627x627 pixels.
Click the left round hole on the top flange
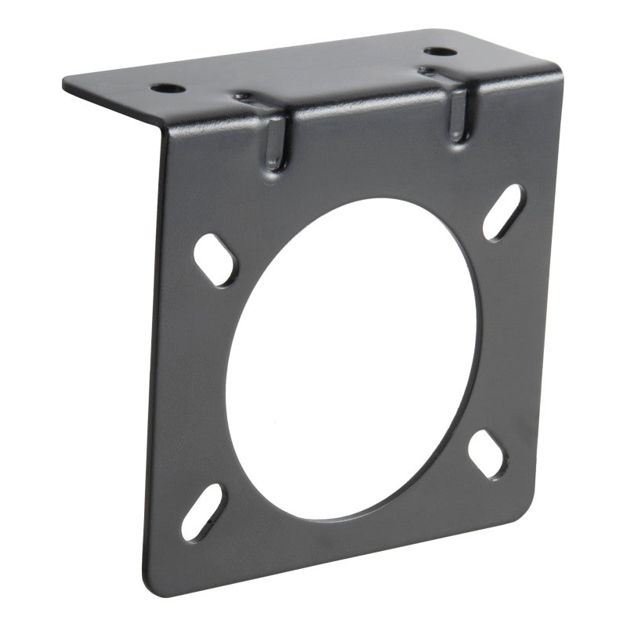pyautogui.click(x=170, y=88)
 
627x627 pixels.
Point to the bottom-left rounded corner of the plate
pyautogui.click(x=154, y=580)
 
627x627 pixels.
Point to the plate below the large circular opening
pyautogui.click(x=345, y=541)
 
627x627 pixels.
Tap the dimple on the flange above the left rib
pyautogui.click(x=245, y=98)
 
